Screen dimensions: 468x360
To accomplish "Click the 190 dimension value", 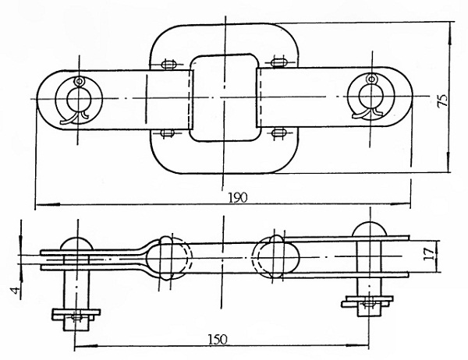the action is coord(238,197).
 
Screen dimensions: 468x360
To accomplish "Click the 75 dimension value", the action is coord(442,101).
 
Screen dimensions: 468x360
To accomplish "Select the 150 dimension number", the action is coord(218,340).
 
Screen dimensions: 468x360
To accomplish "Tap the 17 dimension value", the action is coord(429,255).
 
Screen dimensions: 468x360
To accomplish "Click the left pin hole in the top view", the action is coord(79,99).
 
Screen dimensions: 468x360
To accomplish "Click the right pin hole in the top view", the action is coord(370,96).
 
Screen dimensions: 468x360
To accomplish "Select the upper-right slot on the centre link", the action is coord(279,62).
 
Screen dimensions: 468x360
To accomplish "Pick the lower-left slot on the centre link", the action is coord(168,132).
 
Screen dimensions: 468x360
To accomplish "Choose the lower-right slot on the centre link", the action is coord(279,132).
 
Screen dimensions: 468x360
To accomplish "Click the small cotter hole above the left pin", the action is coord(79,81).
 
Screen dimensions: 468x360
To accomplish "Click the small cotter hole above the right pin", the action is coord(371,79).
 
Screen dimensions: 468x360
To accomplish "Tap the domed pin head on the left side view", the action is coord(77,244).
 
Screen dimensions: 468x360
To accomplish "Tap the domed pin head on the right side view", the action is coord(370,229).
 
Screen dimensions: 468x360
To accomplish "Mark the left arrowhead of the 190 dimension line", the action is coord(48,205).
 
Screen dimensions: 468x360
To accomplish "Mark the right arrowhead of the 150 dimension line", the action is coord(357,345).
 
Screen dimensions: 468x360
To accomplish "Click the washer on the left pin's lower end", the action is coord(76,314).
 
